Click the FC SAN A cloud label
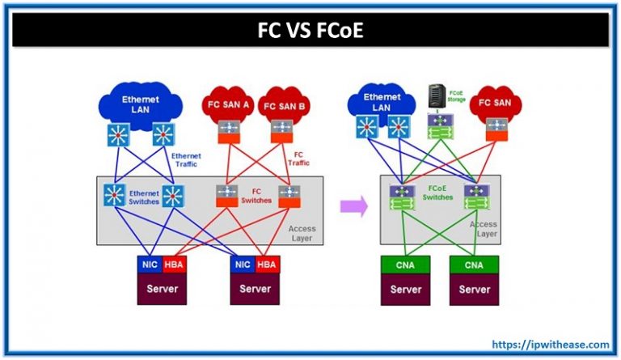(x=226, y=104)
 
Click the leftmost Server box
(x=161, y=290)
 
